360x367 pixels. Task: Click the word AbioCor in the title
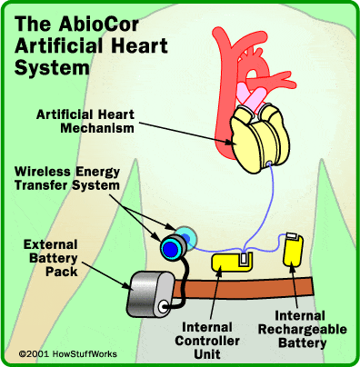click(x=99, y=25)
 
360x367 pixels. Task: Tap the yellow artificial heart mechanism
click(x=259, y=138)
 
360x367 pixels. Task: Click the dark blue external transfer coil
click(x=171, y=247)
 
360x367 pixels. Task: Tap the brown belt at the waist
click(x=244, y=288)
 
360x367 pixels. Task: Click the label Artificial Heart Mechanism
click(x=85, y=121)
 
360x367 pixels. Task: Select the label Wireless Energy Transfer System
click(x=67, y=178)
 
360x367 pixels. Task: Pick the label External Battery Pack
click(x=51, y=258)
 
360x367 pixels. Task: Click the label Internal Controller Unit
click(x=207, y=341)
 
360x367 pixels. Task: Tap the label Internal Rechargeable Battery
click(x=302, y=330)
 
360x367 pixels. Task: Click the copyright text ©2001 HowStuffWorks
click(x=68, y=353)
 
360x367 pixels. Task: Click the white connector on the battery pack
click(x=163, y=307)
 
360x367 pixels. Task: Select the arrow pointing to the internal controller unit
click(x=215, y=295)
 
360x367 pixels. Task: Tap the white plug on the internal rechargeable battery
click(x=293, y=235)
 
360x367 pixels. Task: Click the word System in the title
click(x=52, y=68)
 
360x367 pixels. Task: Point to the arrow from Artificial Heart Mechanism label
click(x=188, y=133)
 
